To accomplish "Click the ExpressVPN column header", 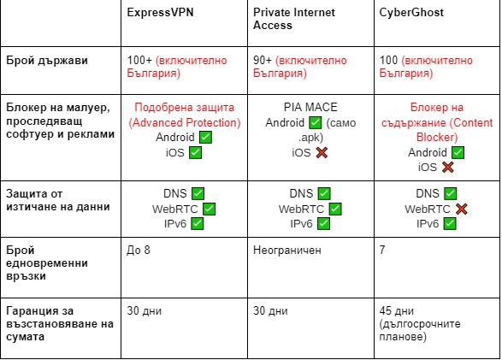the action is (x=160, y=13).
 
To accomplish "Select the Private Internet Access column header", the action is (x=294, y=19).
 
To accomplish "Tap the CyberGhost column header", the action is (x=411, y=13).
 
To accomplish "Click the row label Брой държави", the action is (x=47, y=61).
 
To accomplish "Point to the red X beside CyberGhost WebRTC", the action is (x=461, y=209).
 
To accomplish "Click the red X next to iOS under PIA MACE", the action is (x=322, y=153).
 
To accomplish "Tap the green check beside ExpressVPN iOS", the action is (x=195, y=153).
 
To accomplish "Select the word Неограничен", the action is (x=287, y=250).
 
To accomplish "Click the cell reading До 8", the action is (x=139, y=250).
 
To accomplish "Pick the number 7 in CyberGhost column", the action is (x=382, y=250).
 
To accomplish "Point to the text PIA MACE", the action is (x=310, y=107).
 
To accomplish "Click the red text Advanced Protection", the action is (x=185, y=122).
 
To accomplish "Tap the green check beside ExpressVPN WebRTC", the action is (x=209, y=209).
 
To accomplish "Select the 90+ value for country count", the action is (x=263, y=60).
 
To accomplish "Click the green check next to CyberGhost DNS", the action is (x=451, y=193).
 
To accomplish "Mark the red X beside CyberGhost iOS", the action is (x=448, y=167).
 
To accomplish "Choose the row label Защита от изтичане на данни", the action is (x=58, y=200).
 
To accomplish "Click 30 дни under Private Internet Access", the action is (x=270, y=310).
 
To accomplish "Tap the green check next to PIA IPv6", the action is (x=323, y=224).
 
